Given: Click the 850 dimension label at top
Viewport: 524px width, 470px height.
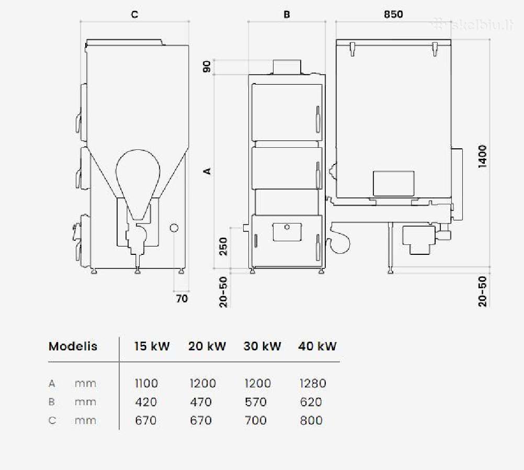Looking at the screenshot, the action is (x=393, y=14).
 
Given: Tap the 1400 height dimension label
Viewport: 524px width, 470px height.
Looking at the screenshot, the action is (x=483, y=156).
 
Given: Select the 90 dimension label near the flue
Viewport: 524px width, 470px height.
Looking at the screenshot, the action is (x=207, y=66).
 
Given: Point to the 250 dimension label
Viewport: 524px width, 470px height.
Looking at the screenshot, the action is (x=223, y=246).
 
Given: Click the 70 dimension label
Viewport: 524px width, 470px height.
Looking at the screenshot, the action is (x=182, y=298).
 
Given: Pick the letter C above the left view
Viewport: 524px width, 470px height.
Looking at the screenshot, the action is (x=135, y=15).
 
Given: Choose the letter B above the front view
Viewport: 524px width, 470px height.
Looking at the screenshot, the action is (x=287, y=15).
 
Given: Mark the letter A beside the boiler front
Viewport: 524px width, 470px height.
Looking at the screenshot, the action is (x=208, y=171).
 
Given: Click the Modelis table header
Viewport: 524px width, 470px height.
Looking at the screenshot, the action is (x=73, y=346).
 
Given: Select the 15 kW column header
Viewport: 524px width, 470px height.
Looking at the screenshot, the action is (x=152, y=346).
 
